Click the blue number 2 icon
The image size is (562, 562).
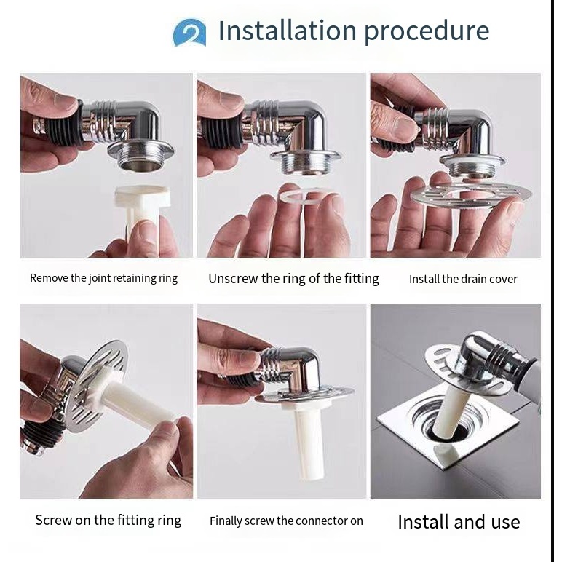point(189,33)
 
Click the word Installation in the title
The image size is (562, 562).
point(288,31)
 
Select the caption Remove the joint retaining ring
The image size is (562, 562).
point(103,278)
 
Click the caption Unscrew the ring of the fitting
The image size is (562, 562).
point(293,279)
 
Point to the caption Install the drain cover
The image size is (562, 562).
point(463,280)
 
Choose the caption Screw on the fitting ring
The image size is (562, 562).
point(108,520)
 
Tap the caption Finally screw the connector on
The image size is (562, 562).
point(286,521)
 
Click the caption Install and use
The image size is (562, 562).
point(459,522)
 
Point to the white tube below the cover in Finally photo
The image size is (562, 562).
point(308,442)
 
